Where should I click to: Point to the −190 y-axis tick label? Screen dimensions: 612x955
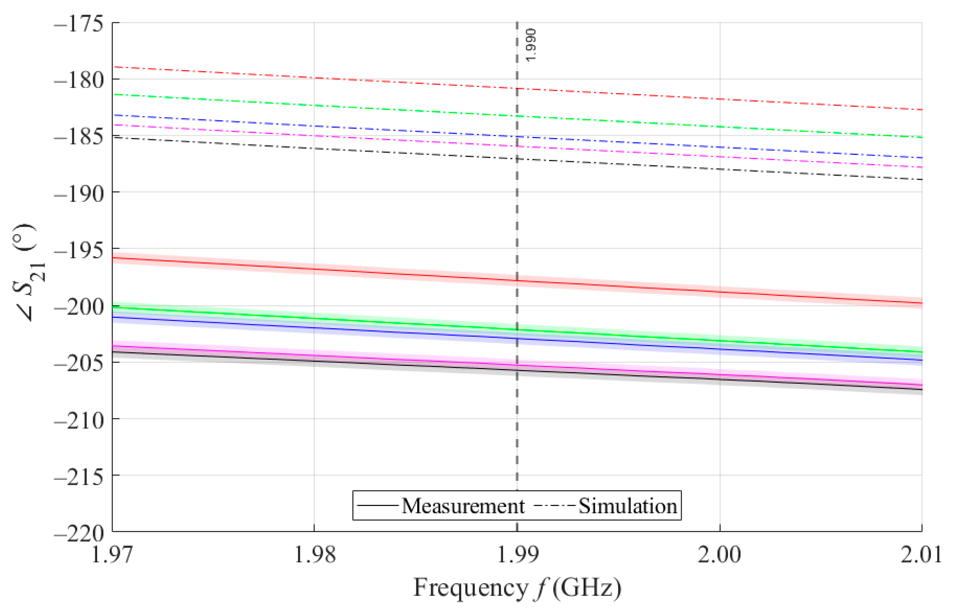point(78,194)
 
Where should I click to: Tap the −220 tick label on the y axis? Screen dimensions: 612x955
point(78,534)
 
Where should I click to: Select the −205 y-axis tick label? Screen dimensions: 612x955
point(78,364)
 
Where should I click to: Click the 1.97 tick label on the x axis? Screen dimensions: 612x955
point(112,554)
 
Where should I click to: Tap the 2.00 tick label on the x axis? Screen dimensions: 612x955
point(720,554)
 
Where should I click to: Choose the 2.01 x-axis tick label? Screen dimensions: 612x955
point(921,554)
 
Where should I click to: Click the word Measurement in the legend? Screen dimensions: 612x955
point(463,506)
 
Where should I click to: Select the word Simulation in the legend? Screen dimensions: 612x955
point(628,506)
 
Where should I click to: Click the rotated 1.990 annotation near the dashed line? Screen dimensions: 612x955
point(530,45)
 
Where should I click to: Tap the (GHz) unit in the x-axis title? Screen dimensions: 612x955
point(587,587)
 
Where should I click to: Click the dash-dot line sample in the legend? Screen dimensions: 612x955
point(554,506)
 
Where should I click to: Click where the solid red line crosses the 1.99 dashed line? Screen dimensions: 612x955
point(517,281)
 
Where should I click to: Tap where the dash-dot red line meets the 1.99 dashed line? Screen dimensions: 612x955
point(517,88)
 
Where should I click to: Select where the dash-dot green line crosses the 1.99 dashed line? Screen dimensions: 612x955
point(517,116)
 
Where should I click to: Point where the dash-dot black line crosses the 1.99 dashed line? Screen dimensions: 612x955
point(517,159)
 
